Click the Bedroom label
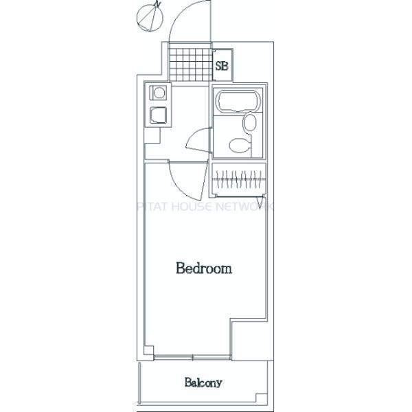203,268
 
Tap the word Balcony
203,382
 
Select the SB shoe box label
222,67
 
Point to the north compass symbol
149,17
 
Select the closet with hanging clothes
238,179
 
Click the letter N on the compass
158,5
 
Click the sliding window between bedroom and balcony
193,356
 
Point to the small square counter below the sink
152,135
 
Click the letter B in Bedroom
180,268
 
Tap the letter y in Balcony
220,384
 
